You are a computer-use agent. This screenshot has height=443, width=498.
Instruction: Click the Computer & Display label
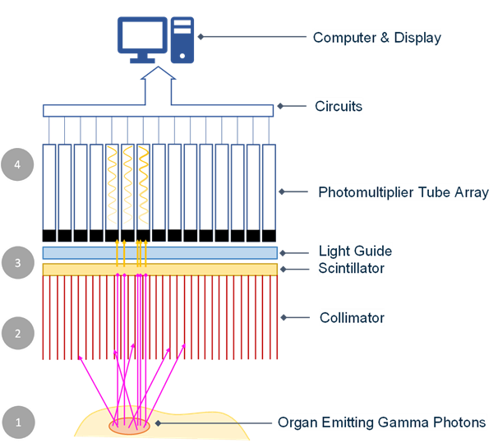click(377, 37)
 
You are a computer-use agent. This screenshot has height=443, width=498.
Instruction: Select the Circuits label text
click(339, 106)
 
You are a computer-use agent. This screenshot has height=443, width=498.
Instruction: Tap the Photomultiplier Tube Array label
click(403, 192)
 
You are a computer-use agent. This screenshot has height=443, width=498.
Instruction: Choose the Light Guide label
click(355, 251)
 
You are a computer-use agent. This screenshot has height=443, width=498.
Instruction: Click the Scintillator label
click(351, 268)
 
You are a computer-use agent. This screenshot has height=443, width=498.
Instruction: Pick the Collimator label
click(352, 317)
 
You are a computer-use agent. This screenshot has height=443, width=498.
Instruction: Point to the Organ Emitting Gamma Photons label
click(381, 422)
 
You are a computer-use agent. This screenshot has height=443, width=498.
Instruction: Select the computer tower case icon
click(183, 39)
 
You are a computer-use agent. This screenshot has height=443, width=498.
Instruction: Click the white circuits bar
click(158, 110)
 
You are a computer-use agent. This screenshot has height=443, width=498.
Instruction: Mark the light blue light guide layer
click(159, 252)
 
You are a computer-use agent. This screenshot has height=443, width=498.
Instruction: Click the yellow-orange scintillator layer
click(159, 270)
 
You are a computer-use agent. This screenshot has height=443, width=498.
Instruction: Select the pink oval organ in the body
click(130, 426)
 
